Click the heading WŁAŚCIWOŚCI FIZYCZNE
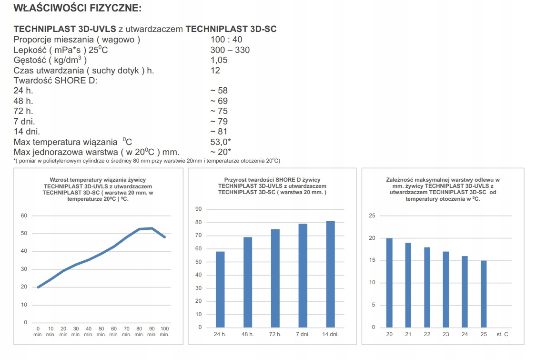tap(78, 8)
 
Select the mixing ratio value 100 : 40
tap(226, 40)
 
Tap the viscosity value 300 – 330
tap(230, 50)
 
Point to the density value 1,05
tap(219, 60)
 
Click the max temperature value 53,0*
tap(221, 142)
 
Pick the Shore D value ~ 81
tap(219, 132)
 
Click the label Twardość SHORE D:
tap(55, 81)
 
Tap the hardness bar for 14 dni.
tap(331, 274)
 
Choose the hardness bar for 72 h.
tap(275, 278)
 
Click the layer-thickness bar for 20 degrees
tap(389, 283)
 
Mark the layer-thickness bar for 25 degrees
tap(484, 294)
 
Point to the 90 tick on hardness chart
tap(199, 209)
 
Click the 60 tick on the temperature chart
tap(23, 216)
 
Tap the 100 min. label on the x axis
tap(164, 331)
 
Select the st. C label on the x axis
tap(502, 334)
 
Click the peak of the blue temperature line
tap(152, 228)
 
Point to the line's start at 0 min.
tap(38, 287)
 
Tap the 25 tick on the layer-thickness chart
tap(373, 216)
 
